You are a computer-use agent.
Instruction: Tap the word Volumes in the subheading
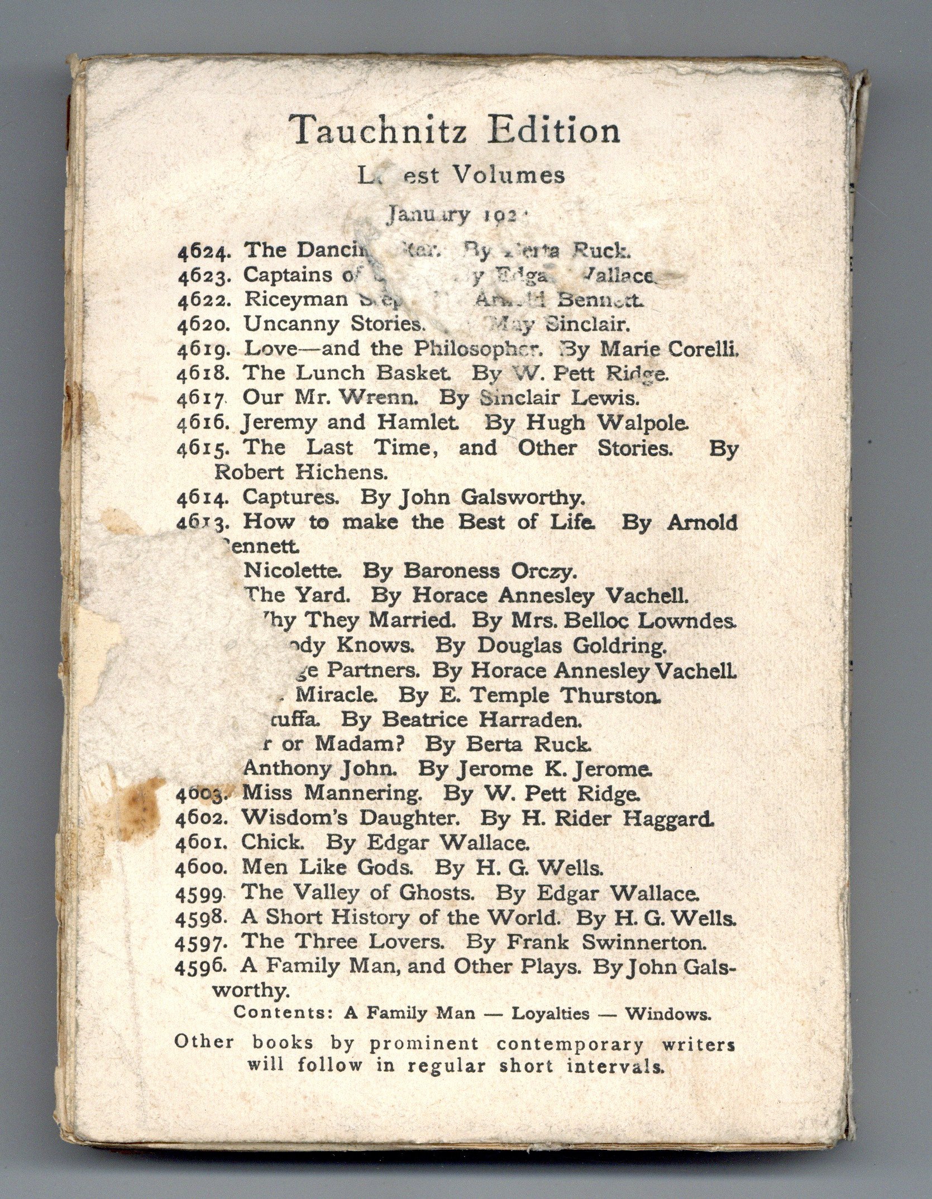[507, 176]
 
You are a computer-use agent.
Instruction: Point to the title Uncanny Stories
[332, 323]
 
